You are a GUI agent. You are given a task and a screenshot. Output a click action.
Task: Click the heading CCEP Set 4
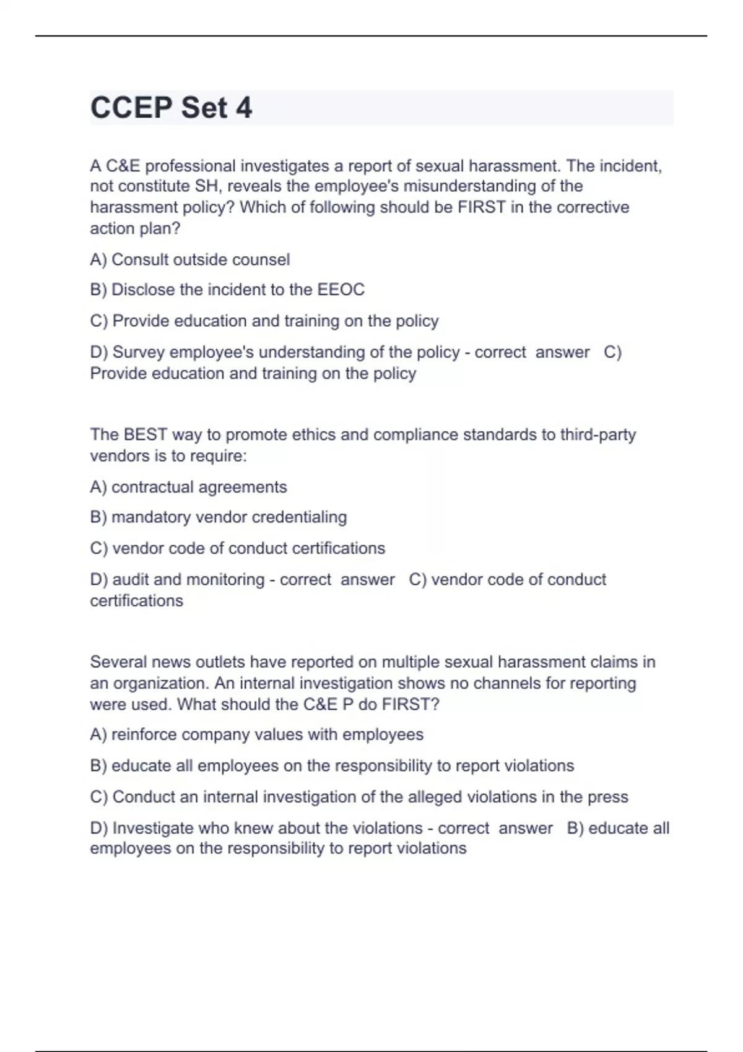point(171,108)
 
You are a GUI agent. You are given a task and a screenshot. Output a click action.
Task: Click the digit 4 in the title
point(244,108)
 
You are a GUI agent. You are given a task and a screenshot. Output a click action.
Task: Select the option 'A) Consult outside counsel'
point(189,259)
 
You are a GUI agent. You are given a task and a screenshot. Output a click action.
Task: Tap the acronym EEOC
point(341,290)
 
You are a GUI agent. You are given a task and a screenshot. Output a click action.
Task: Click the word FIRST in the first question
point(481,207)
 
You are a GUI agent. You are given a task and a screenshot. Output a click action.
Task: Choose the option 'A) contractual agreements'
point(188,487)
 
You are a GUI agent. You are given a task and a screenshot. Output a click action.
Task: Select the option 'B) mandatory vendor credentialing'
point(218,517)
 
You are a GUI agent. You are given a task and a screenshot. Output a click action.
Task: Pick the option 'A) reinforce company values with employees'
point(256,735)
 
